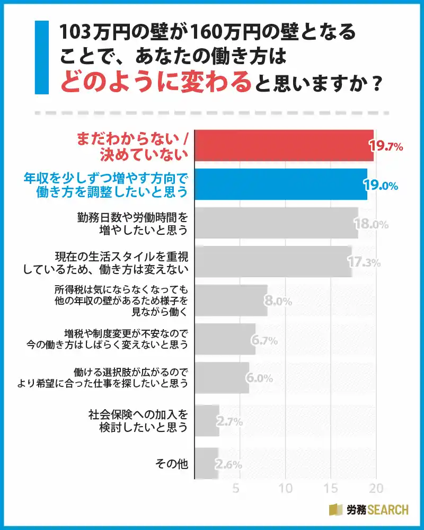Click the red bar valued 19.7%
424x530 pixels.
tap(284, 145)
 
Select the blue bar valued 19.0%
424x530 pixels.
tap(281, 184)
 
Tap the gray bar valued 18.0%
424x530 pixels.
tap(276, 223)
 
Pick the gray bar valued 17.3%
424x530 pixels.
tap(273, 261)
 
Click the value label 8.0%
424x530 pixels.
tap(278, 301)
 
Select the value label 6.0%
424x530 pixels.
tap(259, 378)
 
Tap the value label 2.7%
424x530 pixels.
tap(229, 422)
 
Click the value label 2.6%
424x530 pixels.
tap(228, 465)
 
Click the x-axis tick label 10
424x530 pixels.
tap(286, 488)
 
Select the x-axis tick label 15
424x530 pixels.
tap(331, 488)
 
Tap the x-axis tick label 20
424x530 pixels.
tap(376, 488)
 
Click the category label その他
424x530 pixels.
tap(171, 464)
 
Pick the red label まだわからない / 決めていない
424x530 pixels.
tap(133, 146)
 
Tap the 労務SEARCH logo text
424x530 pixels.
tap(377, 510)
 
